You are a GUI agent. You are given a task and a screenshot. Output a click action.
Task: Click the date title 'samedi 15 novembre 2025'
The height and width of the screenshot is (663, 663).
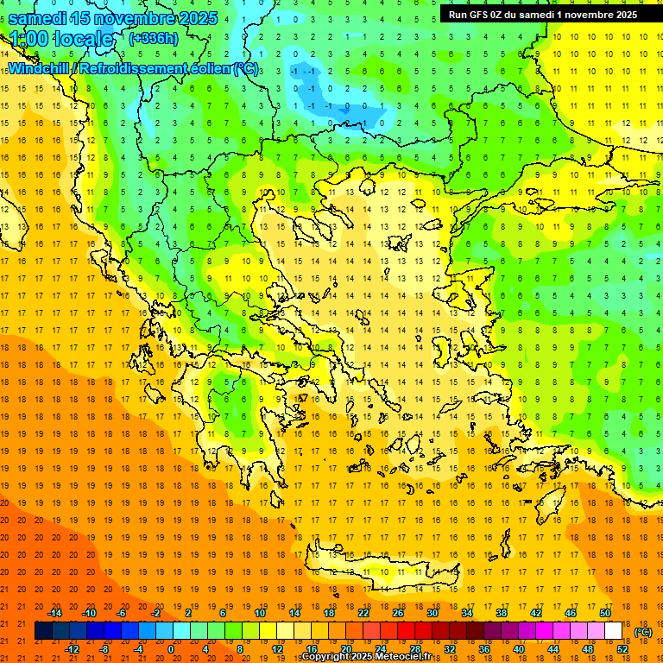click(x=112, y=18)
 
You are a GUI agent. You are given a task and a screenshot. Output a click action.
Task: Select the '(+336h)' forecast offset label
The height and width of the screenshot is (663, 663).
click(x=154, y=38)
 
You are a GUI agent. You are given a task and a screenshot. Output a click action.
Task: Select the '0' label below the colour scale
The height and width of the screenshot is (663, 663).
click(x=171, y=649)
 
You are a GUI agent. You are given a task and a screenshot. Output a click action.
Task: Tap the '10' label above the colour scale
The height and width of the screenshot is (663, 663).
click(x=259, y=613)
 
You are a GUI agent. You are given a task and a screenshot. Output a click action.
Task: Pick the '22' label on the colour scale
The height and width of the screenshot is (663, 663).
click(x=363, y=613)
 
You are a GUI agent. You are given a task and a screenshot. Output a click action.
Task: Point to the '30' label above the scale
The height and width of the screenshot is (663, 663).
click(x=433, y=613)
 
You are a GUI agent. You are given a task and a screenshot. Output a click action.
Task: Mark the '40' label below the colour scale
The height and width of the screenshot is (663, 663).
click(x=519, y=649)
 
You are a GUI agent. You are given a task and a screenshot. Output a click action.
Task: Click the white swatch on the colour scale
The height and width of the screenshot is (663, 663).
click(x=613, y=631)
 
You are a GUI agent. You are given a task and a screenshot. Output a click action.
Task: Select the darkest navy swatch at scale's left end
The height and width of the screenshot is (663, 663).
click(x=43, y=631)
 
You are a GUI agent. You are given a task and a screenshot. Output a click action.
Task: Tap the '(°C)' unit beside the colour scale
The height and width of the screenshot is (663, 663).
click(x=643, y=632)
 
